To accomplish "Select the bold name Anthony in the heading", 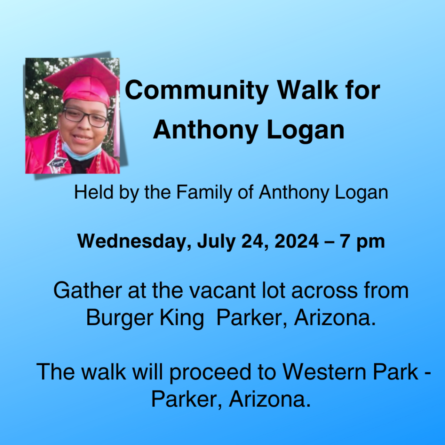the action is coord(206,130).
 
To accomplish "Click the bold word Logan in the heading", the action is coord(306,130).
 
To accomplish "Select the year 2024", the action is coord(296,241).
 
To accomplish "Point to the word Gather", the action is coord(88,290).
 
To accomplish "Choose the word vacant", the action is coord(222,291).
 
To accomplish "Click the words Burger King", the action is coord(145,318).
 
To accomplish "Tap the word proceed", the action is coord(210,372).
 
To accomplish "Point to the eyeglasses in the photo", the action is coord(85,117).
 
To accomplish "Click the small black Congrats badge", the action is coord(57,163).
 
